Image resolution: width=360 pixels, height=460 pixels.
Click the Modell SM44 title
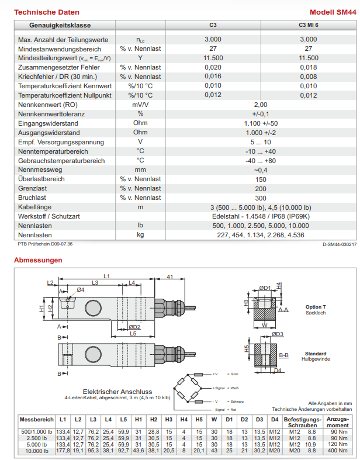click(x=334, y=12)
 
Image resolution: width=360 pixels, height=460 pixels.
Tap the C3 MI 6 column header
click(x=308, y=26)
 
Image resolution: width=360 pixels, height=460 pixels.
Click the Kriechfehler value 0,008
click(x=308, y=77)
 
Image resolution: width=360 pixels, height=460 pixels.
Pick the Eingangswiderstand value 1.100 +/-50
click(x=261, y=123)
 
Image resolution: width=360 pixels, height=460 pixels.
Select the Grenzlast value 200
click(x=261, y=189)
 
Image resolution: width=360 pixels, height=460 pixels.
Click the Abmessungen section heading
click(x=38, y=260)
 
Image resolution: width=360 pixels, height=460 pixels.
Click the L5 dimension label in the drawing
click(x=133, y=334)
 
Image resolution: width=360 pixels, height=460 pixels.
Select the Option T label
click(x=316, y=307)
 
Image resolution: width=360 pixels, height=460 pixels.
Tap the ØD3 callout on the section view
click(x=277, y=334)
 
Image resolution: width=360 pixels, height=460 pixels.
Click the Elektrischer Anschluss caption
click(x=117, y=392)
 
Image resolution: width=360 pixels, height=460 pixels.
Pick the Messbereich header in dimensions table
click(x=36, y=420)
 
